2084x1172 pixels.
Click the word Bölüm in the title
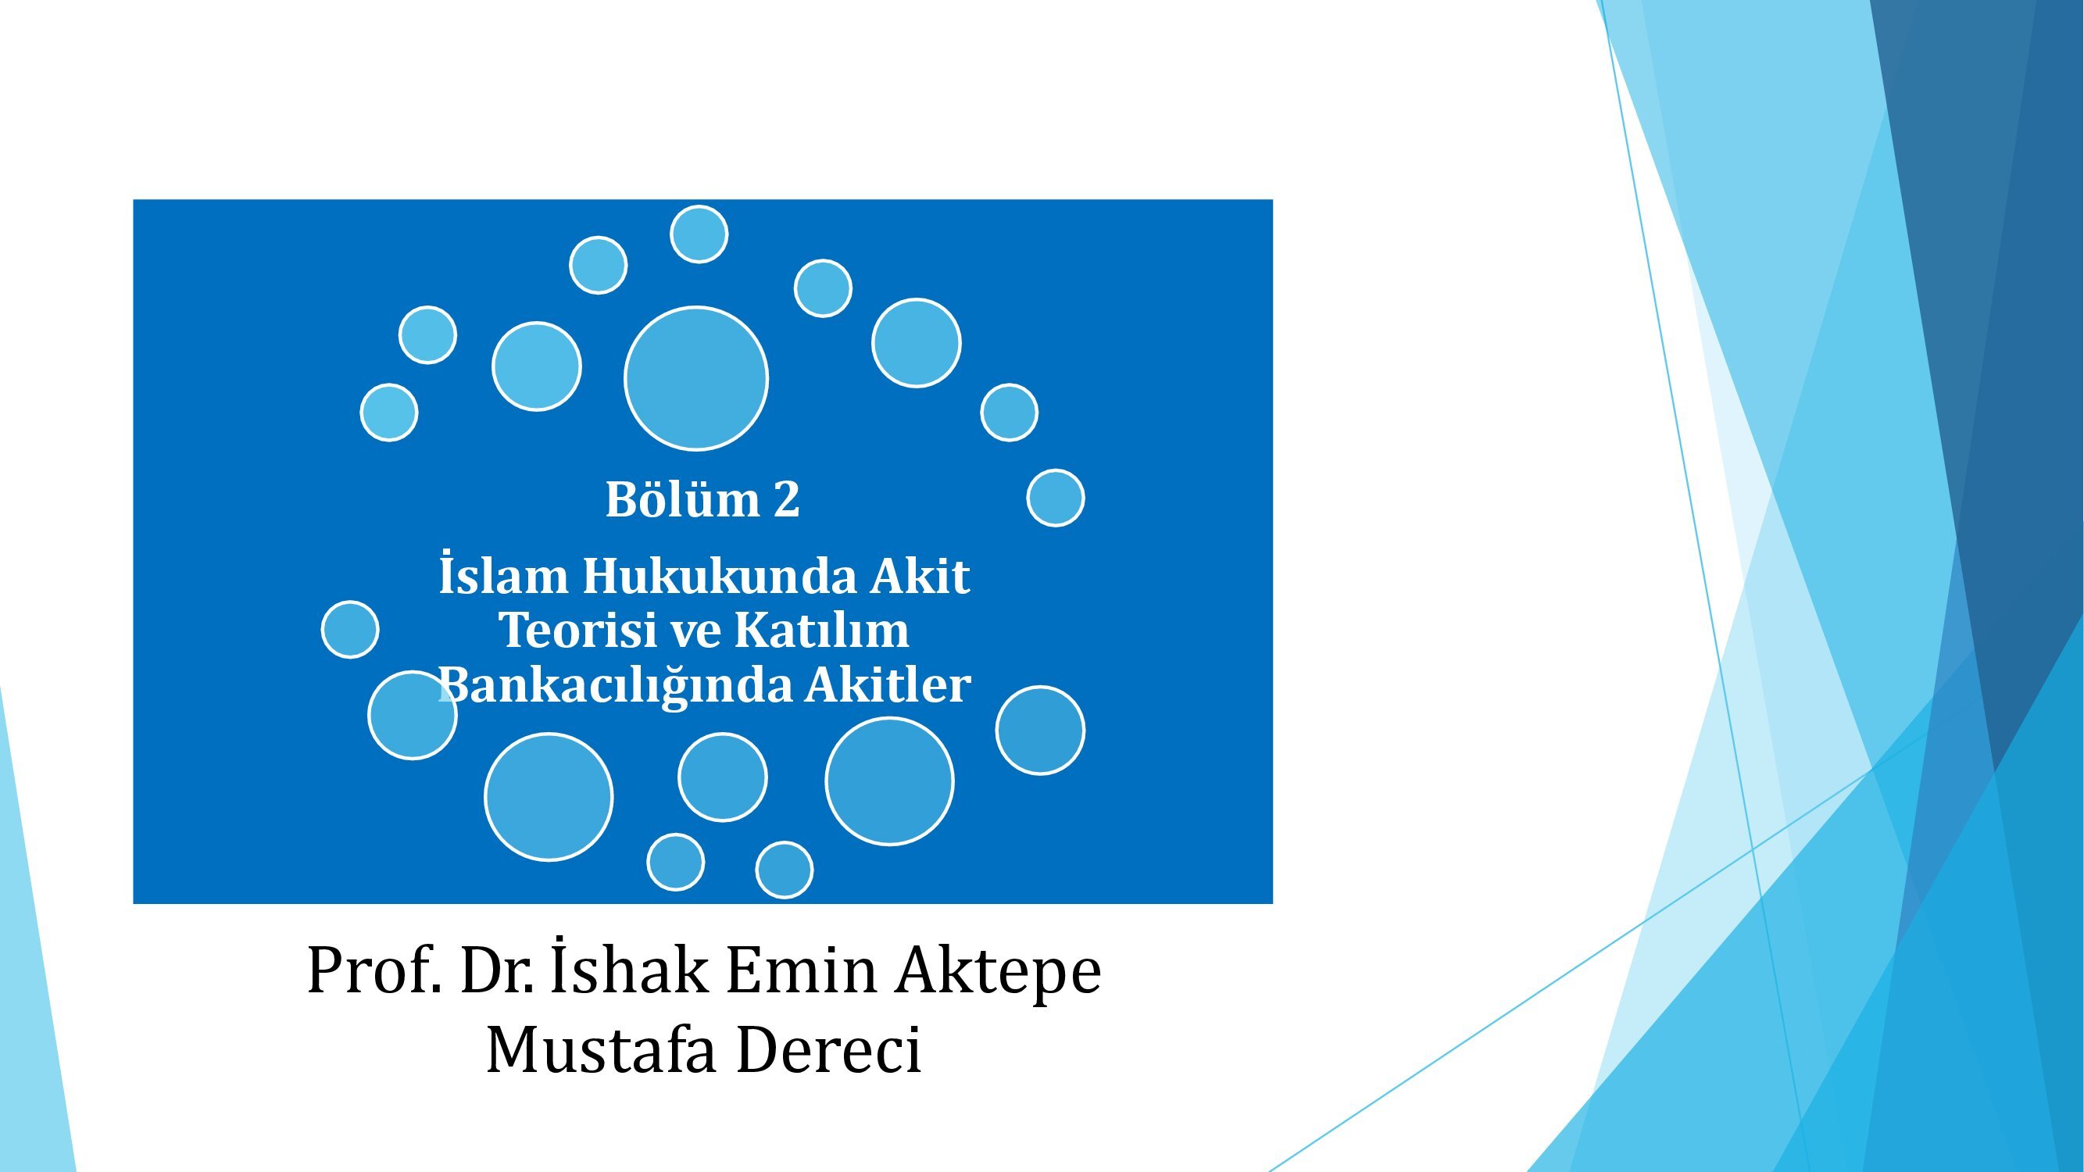pyautogui.click(x=682, y=499)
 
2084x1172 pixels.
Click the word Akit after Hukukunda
pyautogui.click(x=920, y=576)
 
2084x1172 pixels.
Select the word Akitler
pyautogui.click(x=888, y=684)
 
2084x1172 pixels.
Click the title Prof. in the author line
pyautogui.click(x=374, y=970)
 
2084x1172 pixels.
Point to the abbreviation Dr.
pyautogui.click(x=497, y=970)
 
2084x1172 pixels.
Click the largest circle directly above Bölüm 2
pyautogui.click(x=695, y=377)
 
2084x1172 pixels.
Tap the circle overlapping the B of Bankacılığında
pyautogui.click(x=413, y=715)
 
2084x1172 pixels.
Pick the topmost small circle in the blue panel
pyautogui.click(x=699, y=234)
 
